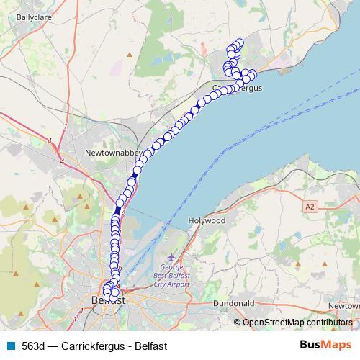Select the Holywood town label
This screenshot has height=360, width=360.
click(206, 220)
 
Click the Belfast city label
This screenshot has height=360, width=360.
click(108, 300)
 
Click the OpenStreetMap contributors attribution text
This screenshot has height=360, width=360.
click(297, 322)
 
